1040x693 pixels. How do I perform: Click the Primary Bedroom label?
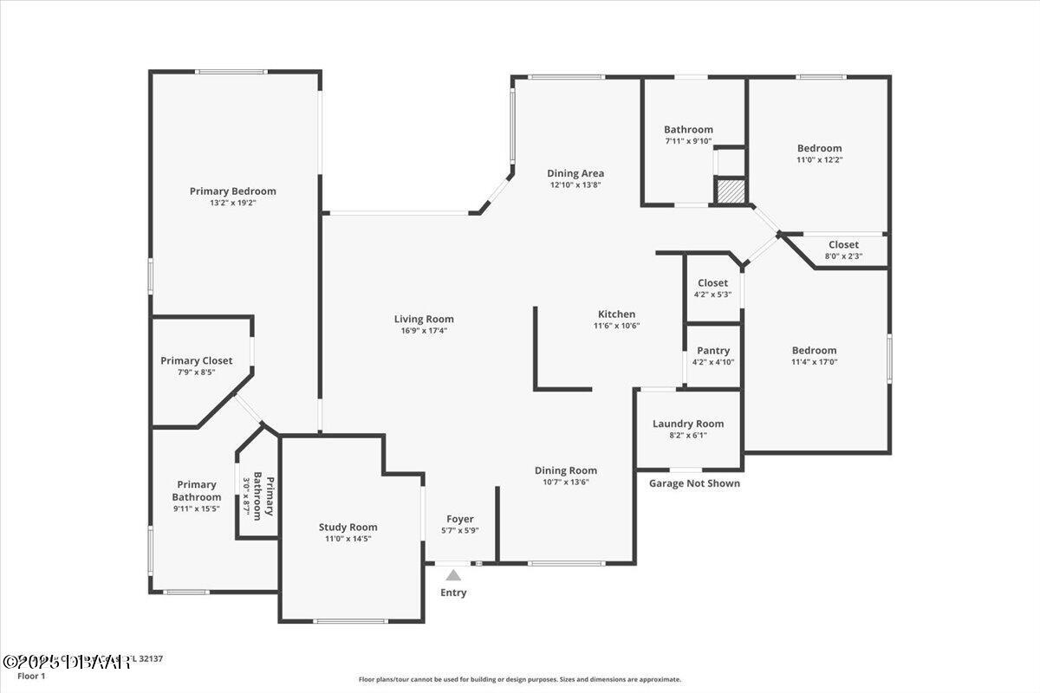tap(232, 191)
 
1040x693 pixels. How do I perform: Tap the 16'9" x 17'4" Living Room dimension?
tap(424, 330)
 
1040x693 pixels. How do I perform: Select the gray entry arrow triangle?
tap(453, 575)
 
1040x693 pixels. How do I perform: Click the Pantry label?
tap(713, 351)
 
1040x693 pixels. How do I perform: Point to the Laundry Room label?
tap(688, 424)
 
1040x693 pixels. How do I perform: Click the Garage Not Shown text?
tap(694, 483)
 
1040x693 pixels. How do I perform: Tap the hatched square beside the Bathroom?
tap(730, 191)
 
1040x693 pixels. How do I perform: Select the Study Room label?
tap(348, 527)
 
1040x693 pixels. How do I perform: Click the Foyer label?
tap(460, 519)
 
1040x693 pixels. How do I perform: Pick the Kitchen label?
tap(616, 314)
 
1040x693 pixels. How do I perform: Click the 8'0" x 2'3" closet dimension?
tap(843, 256)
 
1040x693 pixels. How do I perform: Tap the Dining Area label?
tap(575, 173)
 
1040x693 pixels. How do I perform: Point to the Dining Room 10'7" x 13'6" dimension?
tap(565, 482)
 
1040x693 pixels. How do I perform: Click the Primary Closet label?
tap(196, 360)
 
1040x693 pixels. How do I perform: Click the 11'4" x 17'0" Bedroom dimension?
tap(814, 362)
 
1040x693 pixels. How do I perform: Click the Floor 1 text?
tap(32, 676)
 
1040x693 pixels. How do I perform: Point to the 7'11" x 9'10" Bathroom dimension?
tap(688, 141)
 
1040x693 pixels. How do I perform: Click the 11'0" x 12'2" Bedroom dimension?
tap(819, 159)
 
